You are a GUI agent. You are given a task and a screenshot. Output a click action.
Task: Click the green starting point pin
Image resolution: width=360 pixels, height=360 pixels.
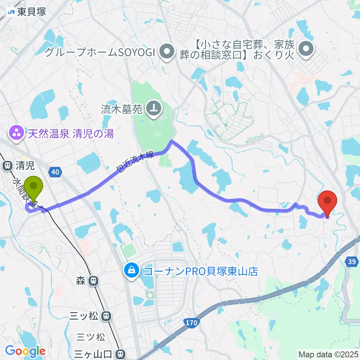(x=33, y=187)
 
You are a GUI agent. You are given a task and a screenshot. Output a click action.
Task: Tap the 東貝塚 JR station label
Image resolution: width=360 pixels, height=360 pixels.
(x=27, y=12)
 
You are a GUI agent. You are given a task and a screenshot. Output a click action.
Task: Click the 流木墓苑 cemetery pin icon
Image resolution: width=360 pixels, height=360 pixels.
(x=154, y=109)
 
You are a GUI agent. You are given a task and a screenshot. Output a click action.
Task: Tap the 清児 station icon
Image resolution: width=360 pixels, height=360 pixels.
(x=7, y=165)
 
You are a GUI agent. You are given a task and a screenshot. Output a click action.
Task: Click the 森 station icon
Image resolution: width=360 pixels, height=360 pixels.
(x=93, y=280)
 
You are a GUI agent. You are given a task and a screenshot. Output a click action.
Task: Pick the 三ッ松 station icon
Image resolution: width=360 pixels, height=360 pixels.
(x=106, y=316)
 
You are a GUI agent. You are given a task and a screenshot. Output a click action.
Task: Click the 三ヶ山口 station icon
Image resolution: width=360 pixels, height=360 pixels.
(x=120, y=353)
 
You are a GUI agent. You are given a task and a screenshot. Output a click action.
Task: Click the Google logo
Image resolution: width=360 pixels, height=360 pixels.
(x=25, y=351)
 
